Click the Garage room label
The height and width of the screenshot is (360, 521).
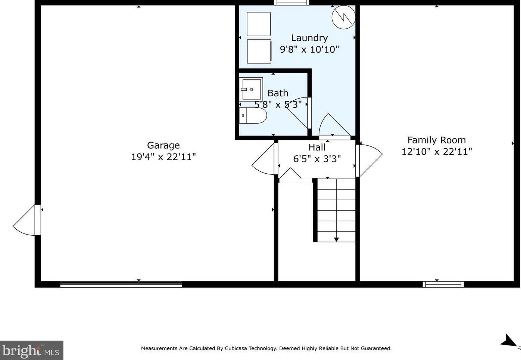click(163, 145)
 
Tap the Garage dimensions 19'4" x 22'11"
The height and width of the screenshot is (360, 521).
click(163, 157)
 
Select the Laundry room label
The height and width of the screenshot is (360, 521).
click(309, 38)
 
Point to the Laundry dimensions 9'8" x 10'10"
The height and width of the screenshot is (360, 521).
click(309, 49)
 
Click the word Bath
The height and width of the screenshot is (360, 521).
click(278, 93)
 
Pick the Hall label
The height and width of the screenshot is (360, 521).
click(317, 148)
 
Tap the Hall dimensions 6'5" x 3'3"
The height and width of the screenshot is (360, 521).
click(317, 159)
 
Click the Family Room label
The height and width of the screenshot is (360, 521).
click(436, 140)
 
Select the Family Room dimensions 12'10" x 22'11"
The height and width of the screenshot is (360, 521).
click(436, 152)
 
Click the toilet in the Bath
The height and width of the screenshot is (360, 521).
click(253, 116)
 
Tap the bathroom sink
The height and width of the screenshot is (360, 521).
click(251, 89)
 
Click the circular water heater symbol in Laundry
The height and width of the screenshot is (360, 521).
click(343, 17)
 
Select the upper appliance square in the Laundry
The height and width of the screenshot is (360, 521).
click(259, 24)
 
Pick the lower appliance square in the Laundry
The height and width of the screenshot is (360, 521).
click(259, 52)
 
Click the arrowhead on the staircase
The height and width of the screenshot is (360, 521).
click(336, 239)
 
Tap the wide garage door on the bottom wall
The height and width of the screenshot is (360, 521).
click(121, 285)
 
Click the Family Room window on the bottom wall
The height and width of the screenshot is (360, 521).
click(443, 285)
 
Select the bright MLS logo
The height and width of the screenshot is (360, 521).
click(31, 351)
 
